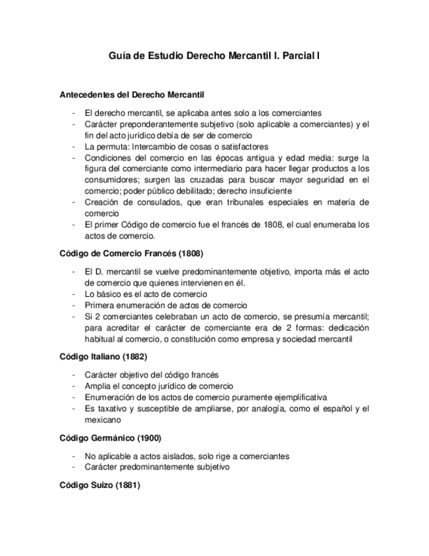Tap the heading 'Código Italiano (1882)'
tap(103, 357)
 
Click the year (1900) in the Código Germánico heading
tap(148, 438)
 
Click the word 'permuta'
tap(111, 147)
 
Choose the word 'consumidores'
tap(110, 179)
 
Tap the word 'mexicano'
tap(102, 420)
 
